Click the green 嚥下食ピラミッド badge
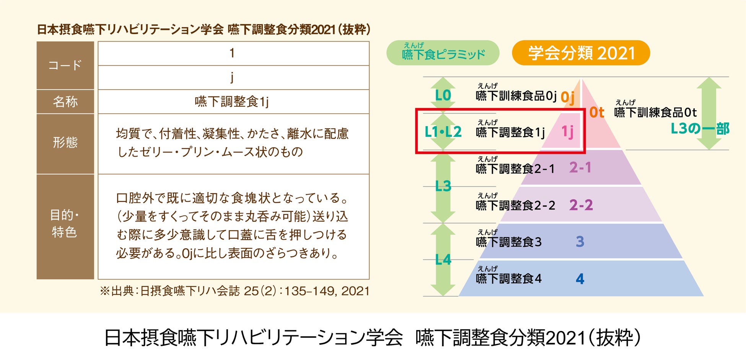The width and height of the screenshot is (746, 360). click(x=443, y=53)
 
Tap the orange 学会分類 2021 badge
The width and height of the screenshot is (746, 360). click(x=581, y=53)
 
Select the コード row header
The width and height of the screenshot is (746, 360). click(x=65, y=65)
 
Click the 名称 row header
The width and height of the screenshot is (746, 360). click(x=65, y=102)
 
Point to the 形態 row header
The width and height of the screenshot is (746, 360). click(x=65, y=143)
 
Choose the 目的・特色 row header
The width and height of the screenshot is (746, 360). click(x=65, y=223)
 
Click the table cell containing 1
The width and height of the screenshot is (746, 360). click(x=233, y=53)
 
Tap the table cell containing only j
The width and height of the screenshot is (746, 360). click(x=233, y=78)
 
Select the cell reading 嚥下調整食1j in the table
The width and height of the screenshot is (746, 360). click(x=233, y=102)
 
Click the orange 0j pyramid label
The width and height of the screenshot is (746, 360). click(x=567, y=97)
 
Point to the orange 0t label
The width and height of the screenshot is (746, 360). click(x=596, y=112)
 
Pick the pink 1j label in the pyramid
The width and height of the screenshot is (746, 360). click(x=567, y=132)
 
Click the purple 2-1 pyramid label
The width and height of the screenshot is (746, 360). click(x=580, y=168)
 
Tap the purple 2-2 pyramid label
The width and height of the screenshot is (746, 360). click(x=581, y=205)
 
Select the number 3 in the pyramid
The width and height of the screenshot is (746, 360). click(x=580, y=242)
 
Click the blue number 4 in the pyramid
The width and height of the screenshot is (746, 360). click(x=580, y=279)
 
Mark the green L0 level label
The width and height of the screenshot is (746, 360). click(x=443, y=95)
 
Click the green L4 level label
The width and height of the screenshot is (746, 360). click(x=443, y=260)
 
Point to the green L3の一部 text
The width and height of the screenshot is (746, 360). click(x=700, y=129)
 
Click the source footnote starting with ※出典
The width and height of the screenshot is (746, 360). click(x=234, y=291)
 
